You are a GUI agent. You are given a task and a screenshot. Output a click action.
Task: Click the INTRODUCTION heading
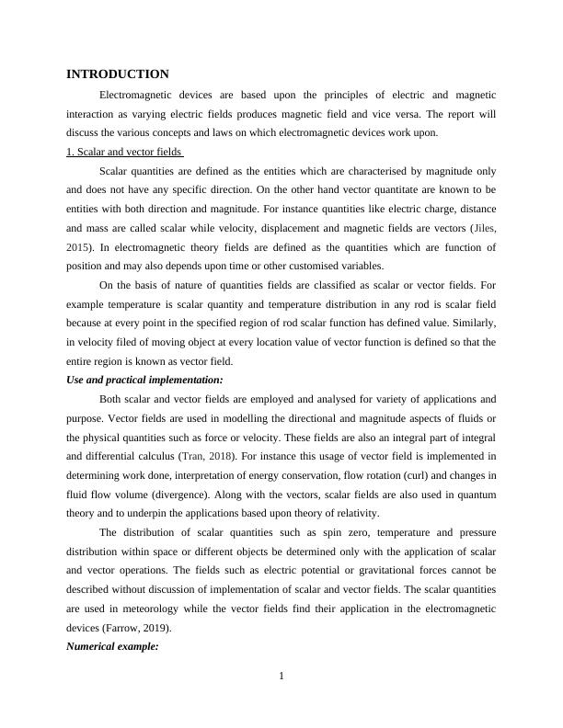(x=118, y=74)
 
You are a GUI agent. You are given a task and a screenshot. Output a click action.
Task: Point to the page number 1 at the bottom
(x=281, y=677)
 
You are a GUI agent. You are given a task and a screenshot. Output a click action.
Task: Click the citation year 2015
(x=78, y=247)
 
